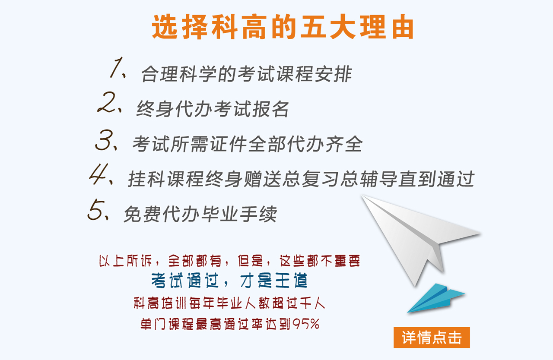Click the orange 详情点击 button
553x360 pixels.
click(432, 337)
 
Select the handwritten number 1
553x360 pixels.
click(117, 67)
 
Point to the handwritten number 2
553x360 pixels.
click(106, 102)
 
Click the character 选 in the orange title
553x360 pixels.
click(165, 27)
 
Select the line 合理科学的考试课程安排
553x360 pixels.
click(247, 74)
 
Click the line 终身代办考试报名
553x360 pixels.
click(213, 109)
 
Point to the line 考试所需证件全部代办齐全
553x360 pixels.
click(248, 144)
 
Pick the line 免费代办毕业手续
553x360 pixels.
click(200, 214)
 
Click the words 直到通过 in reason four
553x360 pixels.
click(436, 179)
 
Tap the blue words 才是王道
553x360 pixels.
click(274, 280)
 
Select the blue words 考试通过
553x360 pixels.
click(185, 280)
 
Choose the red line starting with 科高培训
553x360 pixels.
click(229, 303)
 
